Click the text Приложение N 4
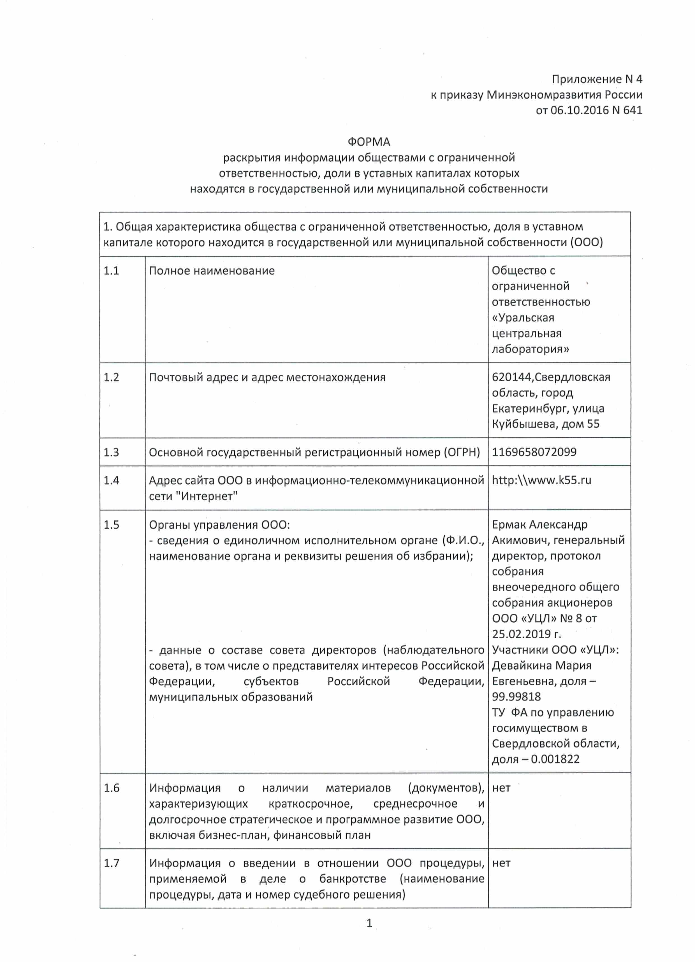(597, 79)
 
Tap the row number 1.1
(111, 271)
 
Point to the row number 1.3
(111, 452)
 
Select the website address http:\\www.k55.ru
(541, 480)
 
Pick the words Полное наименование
(211, 271)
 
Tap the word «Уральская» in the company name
(523, 318)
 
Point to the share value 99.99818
(516, 697)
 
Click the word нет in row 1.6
(501, 788)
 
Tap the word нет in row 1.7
(501, 863)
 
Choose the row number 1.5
(111, 525)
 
